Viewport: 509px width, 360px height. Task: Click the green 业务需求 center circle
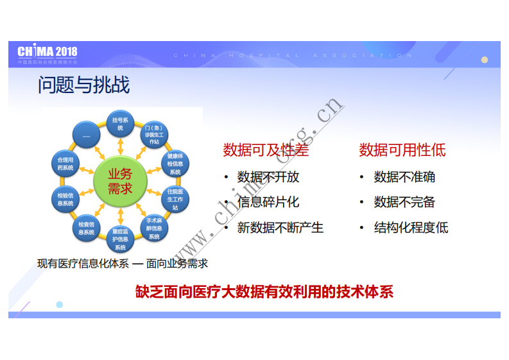tap(120, 181)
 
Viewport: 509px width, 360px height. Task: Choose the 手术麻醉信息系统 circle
tap(154, 228)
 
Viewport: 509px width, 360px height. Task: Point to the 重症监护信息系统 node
tap(120, 239)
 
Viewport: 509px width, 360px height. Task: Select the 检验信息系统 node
tap(65, 199)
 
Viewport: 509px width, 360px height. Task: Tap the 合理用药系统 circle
tap(65, 164)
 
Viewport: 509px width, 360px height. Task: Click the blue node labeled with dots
tap(86, 135)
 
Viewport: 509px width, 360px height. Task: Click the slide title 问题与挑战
tap(83, 85)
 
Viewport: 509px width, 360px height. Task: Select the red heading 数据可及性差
tap(266, 150)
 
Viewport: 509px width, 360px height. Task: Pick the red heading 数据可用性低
tap(402, 150)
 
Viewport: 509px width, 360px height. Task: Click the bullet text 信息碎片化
tap(268, 202)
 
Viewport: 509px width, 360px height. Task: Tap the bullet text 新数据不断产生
tap(280, 228)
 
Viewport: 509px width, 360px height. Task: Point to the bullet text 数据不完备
tap(404, 202)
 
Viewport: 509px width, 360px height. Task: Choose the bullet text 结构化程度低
tap(411, 228)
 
